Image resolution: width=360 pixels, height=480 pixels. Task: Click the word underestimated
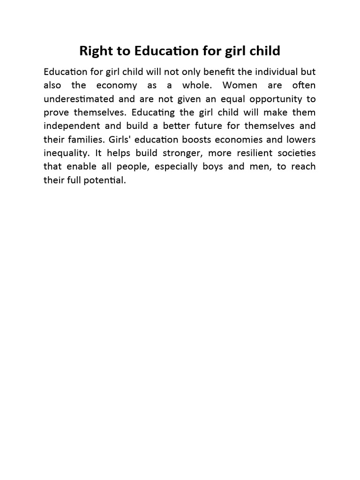pyautogui.click(x=79, y=99)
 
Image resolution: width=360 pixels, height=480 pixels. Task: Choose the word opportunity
pyautogui.click(x=270, y=99)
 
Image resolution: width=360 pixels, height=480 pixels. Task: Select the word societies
pyautogui.click(x=298, y=153)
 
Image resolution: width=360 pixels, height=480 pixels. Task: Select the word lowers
pyautogui.click(x=301, y=140)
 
